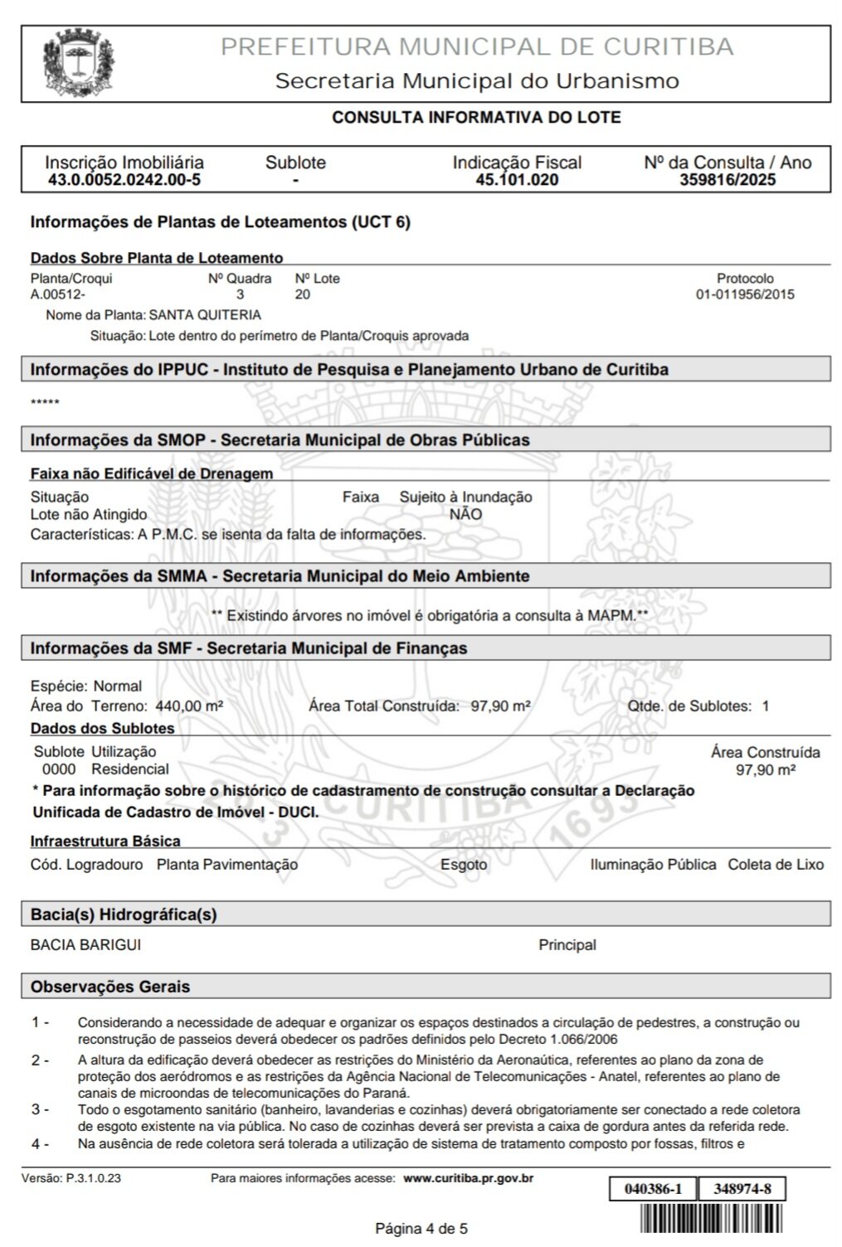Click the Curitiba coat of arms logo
coord(78,63)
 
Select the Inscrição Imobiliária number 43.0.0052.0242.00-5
coord(124,180)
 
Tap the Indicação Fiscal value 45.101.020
coord(517,180)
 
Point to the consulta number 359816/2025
coord(728,180)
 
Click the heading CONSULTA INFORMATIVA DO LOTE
coord(476,118)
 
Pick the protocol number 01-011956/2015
coord(745,294)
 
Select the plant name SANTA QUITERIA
coord(205,315)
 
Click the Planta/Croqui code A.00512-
coord(58,294)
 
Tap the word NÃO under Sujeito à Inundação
coord(465,514)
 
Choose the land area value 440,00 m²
coord(190,706)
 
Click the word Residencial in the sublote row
coord(130,769)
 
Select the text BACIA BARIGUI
coord(80,944)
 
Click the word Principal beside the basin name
coord(567,944)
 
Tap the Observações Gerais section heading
coord(110,987)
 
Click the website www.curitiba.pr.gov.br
coord(468,1178)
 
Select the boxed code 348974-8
coord(742,1189)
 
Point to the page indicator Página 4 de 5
coord(421,1228)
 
